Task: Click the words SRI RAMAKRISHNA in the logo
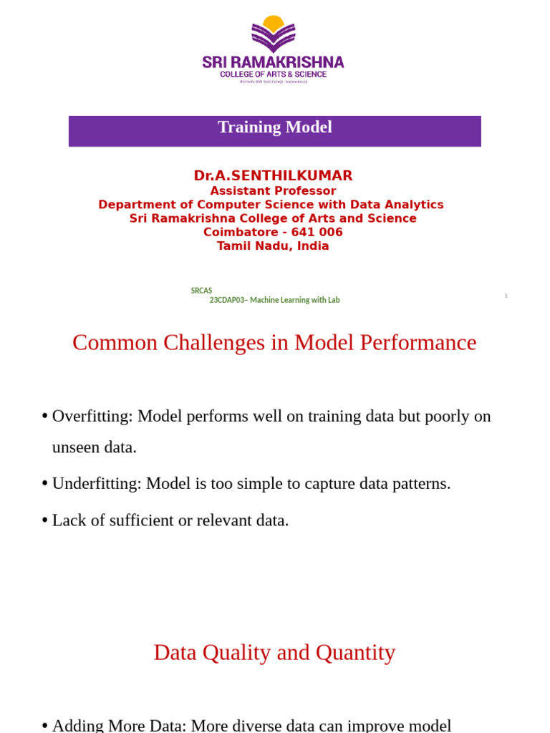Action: (x=273, y=62)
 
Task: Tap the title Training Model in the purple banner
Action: (x=274, y=127)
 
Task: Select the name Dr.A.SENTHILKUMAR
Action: (x=273, y=176)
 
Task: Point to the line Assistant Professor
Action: (x=273, y=191)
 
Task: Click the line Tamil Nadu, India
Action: (x=273, y=246)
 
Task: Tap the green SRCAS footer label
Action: (x=201, y=291)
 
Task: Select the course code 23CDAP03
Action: (x=226, y=301)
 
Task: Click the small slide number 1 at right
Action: (x=506, y=296)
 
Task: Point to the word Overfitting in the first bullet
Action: (x=92, y=417)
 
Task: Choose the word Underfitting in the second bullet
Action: (x=96, y=484)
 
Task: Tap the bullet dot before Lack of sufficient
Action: (x=44, y=520)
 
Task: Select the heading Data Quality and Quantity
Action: (x=274, y=653)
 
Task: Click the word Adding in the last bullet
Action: (x=77, y=725)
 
